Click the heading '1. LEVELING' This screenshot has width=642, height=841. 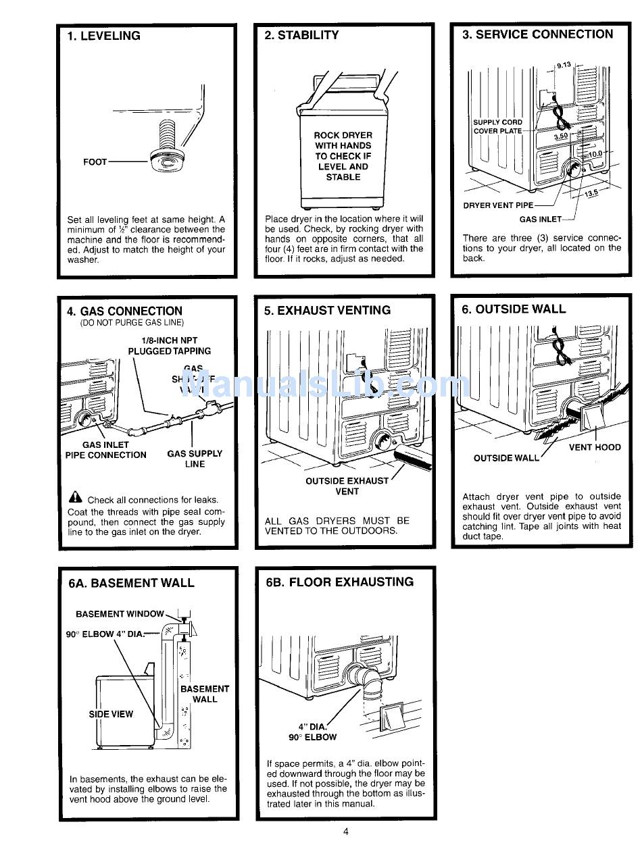coord(103,36)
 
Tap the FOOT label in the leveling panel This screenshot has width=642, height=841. coord(95,162)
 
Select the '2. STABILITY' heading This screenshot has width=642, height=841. coord(301,35)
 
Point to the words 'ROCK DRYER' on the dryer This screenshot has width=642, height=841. coord(343,135)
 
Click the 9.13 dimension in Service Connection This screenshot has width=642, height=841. coord(564,65)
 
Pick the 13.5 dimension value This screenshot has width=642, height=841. coord(591,194)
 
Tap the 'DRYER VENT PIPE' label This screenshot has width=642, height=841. coord(498,205)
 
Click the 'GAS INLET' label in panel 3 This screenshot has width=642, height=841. coord(540,219)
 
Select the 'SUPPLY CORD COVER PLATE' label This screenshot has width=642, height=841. coord(497,127)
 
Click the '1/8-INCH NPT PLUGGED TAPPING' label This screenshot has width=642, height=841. coord(169,346)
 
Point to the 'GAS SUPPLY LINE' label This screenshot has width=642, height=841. coord(195,459)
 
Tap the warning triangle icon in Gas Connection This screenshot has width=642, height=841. coord(75,499)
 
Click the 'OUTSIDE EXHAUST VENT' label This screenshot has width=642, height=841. coord(347,486)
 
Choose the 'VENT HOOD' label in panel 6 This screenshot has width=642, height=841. coord(595,447)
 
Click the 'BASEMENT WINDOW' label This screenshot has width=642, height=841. coord(120,614)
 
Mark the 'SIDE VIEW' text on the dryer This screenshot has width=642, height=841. coord(112,714)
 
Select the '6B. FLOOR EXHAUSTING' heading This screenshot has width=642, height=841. coord(339,582)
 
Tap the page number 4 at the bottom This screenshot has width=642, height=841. coord(346,832)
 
